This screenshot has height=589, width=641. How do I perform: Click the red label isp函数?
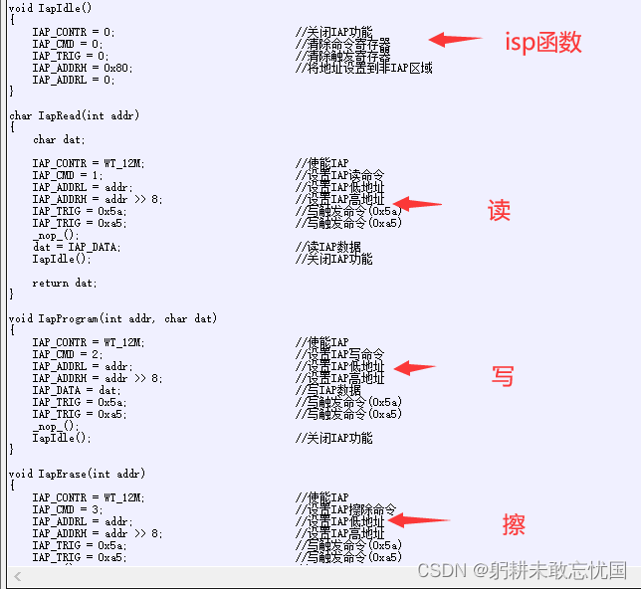(x=543, y=43)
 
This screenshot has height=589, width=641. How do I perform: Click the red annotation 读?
(x=499, y=210)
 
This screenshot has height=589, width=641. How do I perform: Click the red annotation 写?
(x=503, y=376)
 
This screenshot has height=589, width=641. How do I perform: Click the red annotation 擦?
(x=514, y=524)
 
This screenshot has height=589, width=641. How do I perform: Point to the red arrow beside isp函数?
(x=455, y=40)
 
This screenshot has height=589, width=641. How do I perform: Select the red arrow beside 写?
(x=415, y=368)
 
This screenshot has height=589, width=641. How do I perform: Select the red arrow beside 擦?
(x=418, y=519)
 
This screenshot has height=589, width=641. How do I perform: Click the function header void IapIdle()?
(x=49, y=8)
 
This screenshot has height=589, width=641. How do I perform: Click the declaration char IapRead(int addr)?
(x=76, y=115)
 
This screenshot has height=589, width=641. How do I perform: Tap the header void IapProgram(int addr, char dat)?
(x=112, y=318)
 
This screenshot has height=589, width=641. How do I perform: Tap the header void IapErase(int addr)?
(x=77, y=474)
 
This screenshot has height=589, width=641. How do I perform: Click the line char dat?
(x=59, y=139)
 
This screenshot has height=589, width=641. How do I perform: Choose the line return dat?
(x=65, y=283)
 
